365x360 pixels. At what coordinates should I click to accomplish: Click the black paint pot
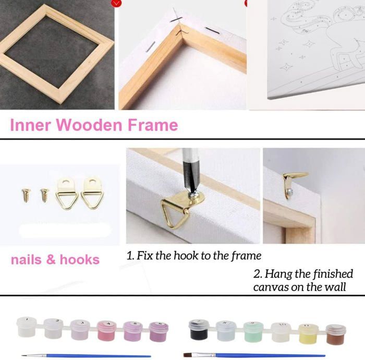tap(199, 330)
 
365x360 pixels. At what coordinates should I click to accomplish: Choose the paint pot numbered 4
tap(107, 331)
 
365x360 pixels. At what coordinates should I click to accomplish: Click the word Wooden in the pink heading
tap(89, 125)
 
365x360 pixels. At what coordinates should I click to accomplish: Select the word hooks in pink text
tap(80, 259)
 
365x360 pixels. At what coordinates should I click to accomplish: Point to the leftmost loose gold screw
tap(26, 195)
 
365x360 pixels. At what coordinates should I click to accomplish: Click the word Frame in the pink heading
tap(153, 125)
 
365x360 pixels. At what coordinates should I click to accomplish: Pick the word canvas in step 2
tap(271, 287)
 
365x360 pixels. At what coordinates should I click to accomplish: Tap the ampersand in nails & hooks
tap(51, 259)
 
